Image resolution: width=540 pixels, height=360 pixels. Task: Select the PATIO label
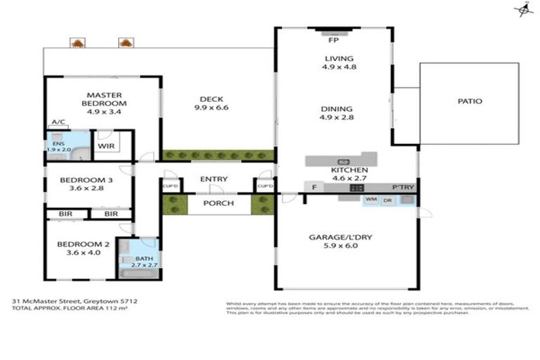pyautogui.click(x=469, y=101)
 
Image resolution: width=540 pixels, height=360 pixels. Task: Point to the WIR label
pyautogui.click(x=107, y=146)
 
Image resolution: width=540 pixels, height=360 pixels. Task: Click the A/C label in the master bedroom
pyautogui.click(x=58, y=122)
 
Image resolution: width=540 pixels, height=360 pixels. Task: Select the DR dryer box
pyautogui.click(x=387, y=200)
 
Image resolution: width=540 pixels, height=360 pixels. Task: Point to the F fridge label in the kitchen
pyautogui.click(x=314, y=188)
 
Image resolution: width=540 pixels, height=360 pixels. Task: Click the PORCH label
pyautogui.click(x=219, y=204)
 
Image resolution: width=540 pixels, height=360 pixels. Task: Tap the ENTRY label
pyautogui.click(x=214, y=179)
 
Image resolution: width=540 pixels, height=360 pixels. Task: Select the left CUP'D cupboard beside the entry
pyautogui.click(x=170, y=186)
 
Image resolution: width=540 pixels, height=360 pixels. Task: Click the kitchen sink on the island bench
pyautogui.click(x=343, y=161)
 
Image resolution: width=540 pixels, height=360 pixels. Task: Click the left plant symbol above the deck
pyautogui.click(x=77, y=44)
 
